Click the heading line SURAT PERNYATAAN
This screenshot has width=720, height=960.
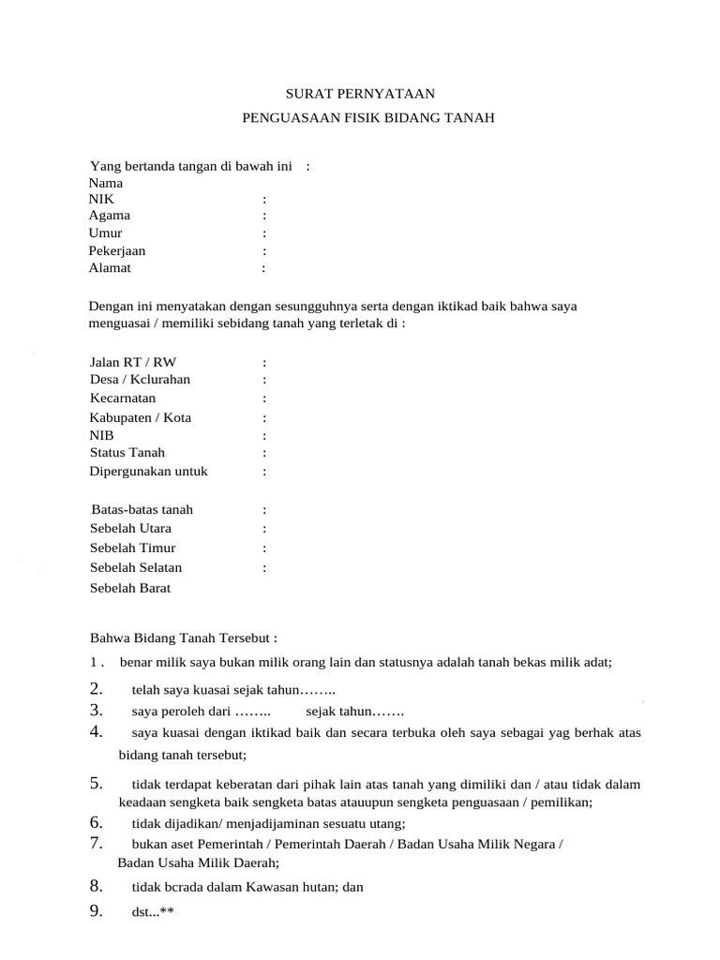(360, 94)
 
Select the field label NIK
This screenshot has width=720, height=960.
(100, 200)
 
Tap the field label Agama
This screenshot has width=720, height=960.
(110, 217)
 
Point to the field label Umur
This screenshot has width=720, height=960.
(105, 233)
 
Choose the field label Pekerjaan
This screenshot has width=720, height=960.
(117, 251)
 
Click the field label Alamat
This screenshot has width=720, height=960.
(111, 268)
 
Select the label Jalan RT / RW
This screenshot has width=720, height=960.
(133, 362)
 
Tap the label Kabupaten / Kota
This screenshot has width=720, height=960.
(141, 417)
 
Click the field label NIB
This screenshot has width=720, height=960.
(100, 435)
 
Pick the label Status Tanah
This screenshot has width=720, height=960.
(127, 453)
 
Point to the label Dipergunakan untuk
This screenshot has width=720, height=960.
(148, 471)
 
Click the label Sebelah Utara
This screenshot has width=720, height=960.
(130, 529)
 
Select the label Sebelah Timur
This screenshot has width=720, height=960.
(133, 547)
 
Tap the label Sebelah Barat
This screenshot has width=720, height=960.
(130, 588)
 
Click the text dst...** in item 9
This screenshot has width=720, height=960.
(153, 911)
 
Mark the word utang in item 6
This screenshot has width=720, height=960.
(384, 824)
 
